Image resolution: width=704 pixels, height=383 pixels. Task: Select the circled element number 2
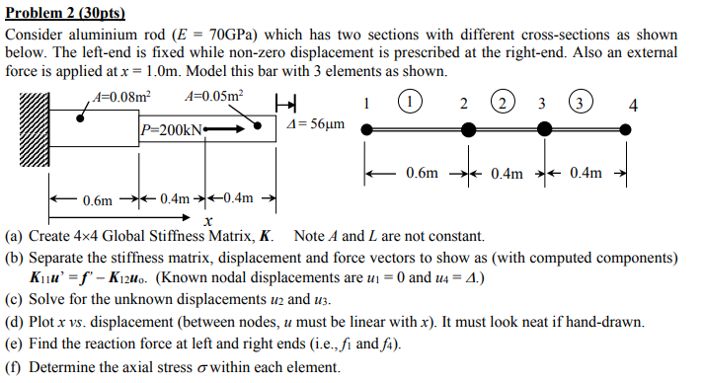[x=503, y=103]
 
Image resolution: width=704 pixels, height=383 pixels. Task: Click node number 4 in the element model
[x=633, y=105]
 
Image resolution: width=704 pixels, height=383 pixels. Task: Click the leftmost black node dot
[x=367, y=128]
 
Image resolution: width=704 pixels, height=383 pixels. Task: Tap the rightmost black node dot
[x=625, y=128]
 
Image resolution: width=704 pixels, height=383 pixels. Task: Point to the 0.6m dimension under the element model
[x=421, y=174]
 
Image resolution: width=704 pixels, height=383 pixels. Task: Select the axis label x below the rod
[x=206, y=221]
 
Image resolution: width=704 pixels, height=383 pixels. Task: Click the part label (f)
[x=13, y=369]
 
